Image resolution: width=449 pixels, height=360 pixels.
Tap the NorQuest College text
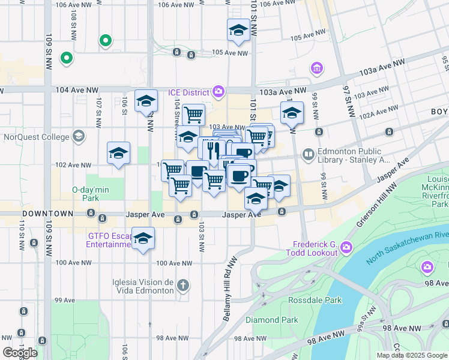click(36, 136)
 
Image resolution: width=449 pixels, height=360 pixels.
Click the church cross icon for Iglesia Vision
click(184, 285)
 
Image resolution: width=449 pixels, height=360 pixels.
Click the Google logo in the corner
click(20, 353)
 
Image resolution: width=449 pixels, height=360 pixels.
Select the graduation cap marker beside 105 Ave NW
click(238, 31)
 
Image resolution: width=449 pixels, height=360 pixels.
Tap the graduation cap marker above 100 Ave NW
click(143, 239)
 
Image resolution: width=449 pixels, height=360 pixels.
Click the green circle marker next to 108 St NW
click(106, 41)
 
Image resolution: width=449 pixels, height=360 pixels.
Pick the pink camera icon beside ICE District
click(219, 91)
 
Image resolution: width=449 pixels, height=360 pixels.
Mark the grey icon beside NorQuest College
click(79, 137)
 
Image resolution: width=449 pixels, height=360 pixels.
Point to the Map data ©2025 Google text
click(411, 355)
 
